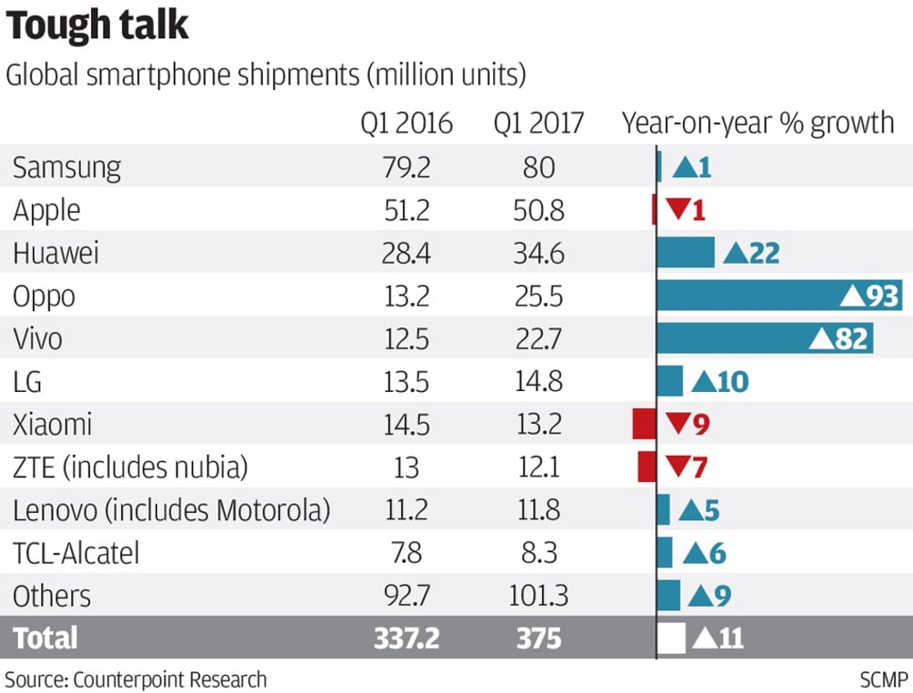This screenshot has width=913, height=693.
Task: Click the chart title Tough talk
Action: click(97, 26)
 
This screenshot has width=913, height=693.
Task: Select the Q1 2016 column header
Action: click(407, 123)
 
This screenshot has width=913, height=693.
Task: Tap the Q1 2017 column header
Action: click(539, 123)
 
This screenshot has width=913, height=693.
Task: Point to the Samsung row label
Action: click(67, 167)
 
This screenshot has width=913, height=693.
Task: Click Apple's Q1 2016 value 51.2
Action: click(407, 210)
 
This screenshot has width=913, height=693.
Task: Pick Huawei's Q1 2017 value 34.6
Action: click(539, 253)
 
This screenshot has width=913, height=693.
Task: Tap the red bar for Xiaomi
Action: click(644, 424)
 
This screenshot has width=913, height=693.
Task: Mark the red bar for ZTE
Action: click(646, 467)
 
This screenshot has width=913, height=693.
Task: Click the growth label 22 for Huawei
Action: click(764, 254)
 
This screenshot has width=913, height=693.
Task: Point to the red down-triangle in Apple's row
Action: click(678, 210)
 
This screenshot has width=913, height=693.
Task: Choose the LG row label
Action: click(28, 381)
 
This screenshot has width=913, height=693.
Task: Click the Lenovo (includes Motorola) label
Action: click(172, 510)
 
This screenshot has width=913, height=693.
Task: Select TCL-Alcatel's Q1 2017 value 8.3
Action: click(539, 553)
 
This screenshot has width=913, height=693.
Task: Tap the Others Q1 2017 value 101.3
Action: click(539, 596)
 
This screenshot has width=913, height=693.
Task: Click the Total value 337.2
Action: click(407, 639)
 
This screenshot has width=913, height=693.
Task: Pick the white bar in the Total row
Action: click(670, 639)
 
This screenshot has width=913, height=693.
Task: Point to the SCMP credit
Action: click(884, 679)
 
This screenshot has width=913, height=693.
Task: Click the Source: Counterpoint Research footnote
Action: click(136, 679)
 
